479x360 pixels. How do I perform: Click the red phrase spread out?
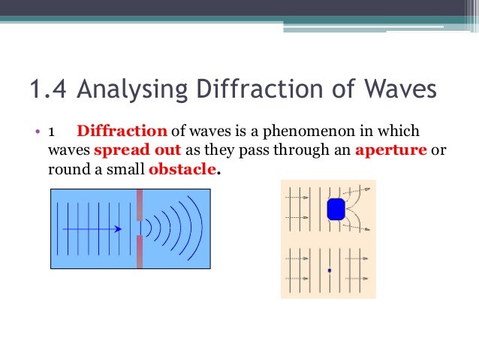pos(137,150)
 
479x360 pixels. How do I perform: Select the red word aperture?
pos(390,150)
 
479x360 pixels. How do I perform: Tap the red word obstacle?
pos(183,169)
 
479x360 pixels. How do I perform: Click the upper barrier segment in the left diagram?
pos(140,204)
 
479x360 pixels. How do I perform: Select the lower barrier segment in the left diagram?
pos(140,251)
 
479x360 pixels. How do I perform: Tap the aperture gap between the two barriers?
pos(140,227)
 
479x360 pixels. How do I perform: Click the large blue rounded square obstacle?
pos(336,209)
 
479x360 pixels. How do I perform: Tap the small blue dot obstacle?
pos(329,270)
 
